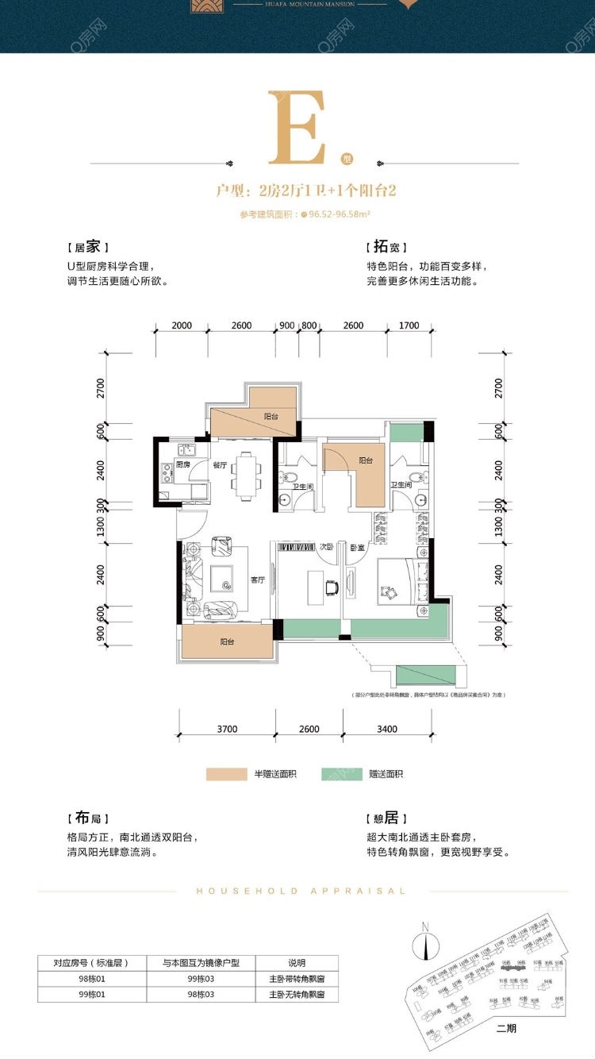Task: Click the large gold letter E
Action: point(297,128)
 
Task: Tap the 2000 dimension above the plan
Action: point(182,325)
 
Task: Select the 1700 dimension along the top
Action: point(409,325)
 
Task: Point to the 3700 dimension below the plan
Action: point(227,729)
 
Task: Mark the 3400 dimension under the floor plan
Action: point(388,729)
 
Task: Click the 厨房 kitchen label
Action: point(182,464)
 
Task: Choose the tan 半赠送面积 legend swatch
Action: point(226,773)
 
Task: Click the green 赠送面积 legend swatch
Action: point(342,773)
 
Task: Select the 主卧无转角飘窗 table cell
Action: point(297,993)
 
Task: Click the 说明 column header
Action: point(297,963)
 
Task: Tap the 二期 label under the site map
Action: point(506,1029)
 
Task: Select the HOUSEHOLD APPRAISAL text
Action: point(301,891)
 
